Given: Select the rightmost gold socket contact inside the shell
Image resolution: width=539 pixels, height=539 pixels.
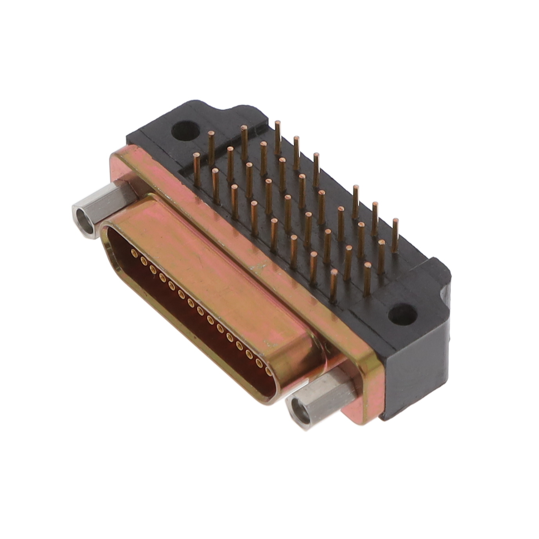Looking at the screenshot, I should tap(268, 370).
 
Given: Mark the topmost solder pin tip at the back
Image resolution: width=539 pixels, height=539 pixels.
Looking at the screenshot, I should tap(278, 124).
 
